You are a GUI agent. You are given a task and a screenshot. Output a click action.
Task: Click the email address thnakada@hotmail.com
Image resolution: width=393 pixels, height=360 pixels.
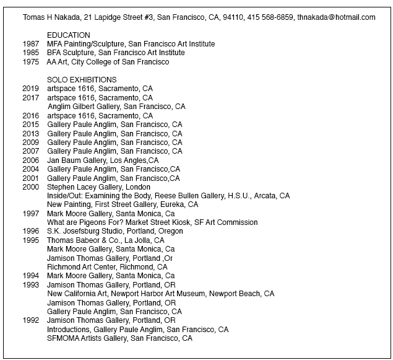pyautogui.click(x=336, y=17)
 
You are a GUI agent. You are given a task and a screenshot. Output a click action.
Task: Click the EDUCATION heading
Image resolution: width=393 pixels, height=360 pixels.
pyautogui.click(x=69, y=35)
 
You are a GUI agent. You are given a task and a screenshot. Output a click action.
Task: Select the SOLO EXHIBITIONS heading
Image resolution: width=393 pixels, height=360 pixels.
pyautogui.click(x=82, y=80)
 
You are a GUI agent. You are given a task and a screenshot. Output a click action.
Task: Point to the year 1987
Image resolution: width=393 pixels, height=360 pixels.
pyautogui.click(x=31, y=45)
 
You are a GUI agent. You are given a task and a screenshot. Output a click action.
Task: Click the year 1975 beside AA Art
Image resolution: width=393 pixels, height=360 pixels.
pyautogui.click(x=31, y=62)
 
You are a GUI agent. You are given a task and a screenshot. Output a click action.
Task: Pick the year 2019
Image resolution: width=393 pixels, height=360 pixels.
pyautogui.click(x=31, y=89)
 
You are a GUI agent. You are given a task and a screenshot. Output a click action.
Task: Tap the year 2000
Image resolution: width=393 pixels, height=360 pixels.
pyautogui.click(x=31, y=187)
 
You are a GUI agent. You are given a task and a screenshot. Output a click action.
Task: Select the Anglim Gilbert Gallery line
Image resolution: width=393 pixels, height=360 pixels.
pyautogui.click(x=116, y=107)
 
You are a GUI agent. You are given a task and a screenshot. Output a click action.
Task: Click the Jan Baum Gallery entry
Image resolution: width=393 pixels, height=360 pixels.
pyautogui.click(x=103, y=160)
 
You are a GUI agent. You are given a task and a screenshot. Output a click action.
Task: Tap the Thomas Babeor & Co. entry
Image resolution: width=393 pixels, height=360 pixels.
pyautogui.click(x=106, y=240)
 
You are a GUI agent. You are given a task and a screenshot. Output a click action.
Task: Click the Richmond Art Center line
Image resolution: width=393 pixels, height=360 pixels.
pyautogui.click(x=107, y=267)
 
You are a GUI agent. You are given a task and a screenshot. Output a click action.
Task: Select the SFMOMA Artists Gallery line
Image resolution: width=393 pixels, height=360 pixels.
pyautogui.click(x=119, y=338)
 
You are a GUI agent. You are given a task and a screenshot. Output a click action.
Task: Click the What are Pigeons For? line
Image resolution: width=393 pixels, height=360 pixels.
pyautogui.click(x=152, y=222)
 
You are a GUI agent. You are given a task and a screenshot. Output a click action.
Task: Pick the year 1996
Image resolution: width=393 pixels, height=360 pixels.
pyautogui.click(x=31, y=231)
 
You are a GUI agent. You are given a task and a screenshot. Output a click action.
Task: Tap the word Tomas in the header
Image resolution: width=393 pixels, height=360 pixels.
pyautogui.click(x=33, y=17)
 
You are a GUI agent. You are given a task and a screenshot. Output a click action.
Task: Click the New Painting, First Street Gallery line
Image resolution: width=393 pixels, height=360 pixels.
pyautogui.click(x=123, y=204)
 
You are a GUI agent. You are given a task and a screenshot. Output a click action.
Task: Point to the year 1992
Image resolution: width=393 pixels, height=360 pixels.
pyautogui.click(x=31, y=320)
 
